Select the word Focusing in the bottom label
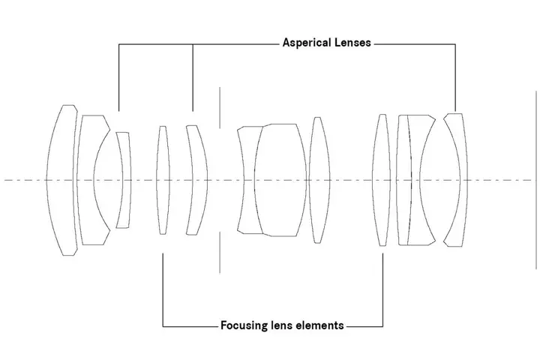[x=244, y=325]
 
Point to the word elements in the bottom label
[x=320, y=325]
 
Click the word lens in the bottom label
[x=283, y=325]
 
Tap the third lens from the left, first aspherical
[x=124, y=180]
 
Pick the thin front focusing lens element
[x=163, y=180]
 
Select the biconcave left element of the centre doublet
[x=247, y=180]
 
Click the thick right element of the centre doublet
[x=281, y=180]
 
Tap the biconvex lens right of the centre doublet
[x=320, y=180]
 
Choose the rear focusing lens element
[x=382, y=180]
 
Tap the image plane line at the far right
[x=537, y=180]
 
